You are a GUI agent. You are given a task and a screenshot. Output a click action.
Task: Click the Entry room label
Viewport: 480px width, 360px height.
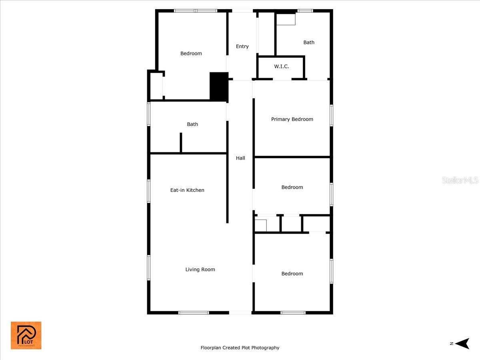point(242,46)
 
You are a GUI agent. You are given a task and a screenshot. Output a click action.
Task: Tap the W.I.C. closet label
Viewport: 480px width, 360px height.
point(282,66)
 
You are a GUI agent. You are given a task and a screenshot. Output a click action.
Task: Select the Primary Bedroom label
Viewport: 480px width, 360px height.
point(292,119)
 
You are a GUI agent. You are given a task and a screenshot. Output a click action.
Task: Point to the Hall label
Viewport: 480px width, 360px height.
point(240,158)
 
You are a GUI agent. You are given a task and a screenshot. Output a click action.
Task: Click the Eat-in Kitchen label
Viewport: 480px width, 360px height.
point(187,190)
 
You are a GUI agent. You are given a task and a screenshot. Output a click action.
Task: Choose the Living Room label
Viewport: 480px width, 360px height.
point(200,269)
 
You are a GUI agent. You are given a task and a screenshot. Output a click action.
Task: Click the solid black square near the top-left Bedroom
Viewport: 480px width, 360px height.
point(219,86)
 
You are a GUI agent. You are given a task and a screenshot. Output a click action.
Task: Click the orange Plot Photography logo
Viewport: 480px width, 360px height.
point(26,335)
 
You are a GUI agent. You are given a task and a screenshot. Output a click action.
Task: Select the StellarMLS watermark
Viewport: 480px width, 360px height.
point(460,180)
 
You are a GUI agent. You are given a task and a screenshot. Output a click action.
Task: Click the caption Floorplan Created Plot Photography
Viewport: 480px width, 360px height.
point(240,348)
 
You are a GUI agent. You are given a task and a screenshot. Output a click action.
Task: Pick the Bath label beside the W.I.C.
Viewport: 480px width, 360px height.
point(309,42)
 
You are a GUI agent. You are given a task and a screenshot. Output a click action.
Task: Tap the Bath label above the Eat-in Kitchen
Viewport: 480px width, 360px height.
point(192,124)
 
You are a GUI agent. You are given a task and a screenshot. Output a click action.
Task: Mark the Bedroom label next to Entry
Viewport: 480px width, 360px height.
point(191,54)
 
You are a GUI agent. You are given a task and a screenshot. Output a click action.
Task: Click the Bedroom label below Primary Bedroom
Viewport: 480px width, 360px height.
point(292,187)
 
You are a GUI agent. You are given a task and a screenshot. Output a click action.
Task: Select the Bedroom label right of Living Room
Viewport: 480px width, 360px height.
point(292,274)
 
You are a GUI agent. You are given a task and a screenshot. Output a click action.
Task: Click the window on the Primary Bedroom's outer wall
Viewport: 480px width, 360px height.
point(331,115)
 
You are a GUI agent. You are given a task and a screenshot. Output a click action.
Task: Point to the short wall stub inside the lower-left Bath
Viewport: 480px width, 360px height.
point(181,142)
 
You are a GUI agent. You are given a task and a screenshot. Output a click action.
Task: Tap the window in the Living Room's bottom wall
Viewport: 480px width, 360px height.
point(194,312)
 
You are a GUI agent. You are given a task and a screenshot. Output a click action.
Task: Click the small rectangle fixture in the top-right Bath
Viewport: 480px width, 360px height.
point(286,19)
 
